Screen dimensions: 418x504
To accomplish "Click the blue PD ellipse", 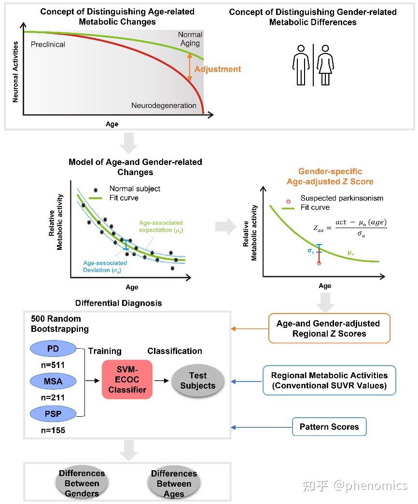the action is pos(53,349).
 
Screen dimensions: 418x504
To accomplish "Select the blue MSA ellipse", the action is pos(53,381).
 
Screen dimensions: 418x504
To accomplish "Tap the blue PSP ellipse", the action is pos(53,414).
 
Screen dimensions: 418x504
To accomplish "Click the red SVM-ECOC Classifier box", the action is pos(127,380).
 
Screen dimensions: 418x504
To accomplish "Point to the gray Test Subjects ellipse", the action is pos(198,381).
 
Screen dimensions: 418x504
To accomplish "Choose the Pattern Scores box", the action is pos(329,426).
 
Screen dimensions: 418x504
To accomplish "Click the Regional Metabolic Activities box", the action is pos(329,380).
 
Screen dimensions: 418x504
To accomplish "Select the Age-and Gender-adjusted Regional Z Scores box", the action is pos(329,328).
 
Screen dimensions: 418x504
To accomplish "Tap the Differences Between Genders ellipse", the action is pos(82,483).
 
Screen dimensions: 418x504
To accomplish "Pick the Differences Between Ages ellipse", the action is pos(174,483).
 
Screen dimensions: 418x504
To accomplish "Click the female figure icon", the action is pos(325,65).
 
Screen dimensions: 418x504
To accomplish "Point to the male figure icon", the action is pos(301,65).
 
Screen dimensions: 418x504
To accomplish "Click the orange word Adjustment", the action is pos(218,69).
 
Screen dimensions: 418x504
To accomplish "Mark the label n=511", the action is pos(53,365).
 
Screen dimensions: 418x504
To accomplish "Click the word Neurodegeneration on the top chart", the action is pos(164,106).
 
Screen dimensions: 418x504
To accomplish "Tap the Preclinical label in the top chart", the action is pos(48,44).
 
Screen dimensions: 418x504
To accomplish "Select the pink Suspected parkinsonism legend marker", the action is pos(288,201).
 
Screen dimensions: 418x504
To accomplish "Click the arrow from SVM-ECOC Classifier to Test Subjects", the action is pos(162,381).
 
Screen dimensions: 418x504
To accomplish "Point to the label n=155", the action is pos(53,430).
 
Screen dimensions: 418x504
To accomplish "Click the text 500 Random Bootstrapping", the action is pos(60,324).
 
